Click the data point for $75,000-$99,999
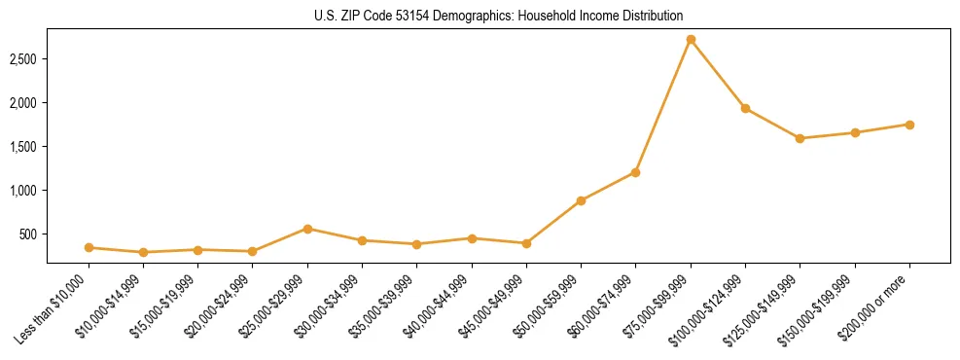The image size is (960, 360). [x=691, y=40]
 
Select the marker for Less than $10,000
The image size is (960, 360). [x=89, y=247]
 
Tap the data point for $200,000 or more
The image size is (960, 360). [x=909, y=125]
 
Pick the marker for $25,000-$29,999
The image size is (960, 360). [x=307, y=229]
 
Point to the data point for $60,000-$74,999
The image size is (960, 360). [x=635, y=172]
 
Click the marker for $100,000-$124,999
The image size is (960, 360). [x=745, y=108]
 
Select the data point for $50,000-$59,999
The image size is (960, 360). [x=581, y=200]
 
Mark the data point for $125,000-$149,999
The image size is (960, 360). [x=800, y=138]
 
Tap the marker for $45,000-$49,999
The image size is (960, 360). [x=526, y=243]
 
